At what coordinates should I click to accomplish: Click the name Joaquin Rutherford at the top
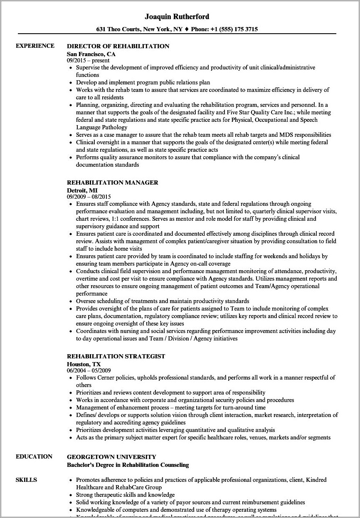[177, 17]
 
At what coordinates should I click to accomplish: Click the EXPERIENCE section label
[35, 46]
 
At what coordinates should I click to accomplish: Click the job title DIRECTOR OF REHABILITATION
[118, 46]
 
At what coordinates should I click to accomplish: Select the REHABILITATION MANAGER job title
[113, 183]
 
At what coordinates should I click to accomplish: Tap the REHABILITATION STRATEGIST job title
[116, 356]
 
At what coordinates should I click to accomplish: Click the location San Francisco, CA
[91, 54]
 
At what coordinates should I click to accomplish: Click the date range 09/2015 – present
[88, 60]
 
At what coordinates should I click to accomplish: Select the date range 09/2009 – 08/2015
[89, 197]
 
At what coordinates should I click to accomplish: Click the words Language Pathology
[101, 127]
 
